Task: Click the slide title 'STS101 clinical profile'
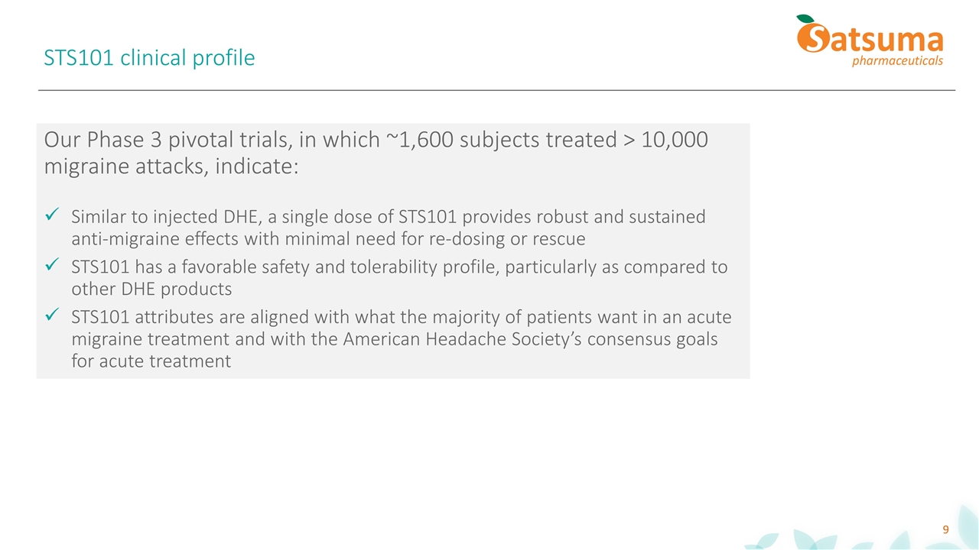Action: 149,57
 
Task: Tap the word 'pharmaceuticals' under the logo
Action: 897,60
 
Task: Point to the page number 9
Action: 945,529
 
